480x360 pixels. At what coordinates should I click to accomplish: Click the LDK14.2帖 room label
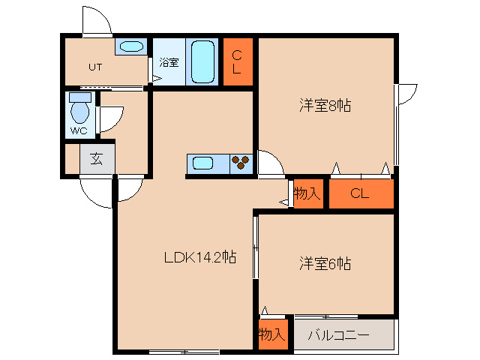click(x=200, y=257)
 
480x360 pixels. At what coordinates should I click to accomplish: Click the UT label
click(x=94, y=67)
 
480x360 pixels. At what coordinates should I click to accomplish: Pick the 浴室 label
click(x=169, y=63)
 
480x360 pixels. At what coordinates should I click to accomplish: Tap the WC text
click(x=78, y=130)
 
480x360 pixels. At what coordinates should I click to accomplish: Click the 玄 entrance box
click(x=97, y=159)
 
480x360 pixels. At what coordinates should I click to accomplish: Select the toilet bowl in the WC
click(x=79, y=112)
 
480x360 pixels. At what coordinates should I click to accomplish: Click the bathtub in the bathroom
click(x=202, y=61)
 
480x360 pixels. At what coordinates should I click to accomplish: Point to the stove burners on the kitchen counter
click(x=241, y=163)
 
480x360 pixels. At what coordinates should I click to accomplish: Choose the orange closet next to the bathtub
click(x=236, y=61)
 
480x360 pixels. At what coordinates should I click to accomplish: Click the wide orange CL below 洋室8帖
click(x=361, y=194)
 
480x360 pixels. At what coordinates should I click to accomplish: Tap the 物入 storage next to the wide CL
click(x=307, y=194)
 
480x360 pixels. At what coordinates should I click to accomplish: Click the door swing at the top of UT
click(x=96, y=20)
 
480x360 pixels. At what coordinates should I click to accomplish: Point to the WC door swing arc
click(x=110, y=118)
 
